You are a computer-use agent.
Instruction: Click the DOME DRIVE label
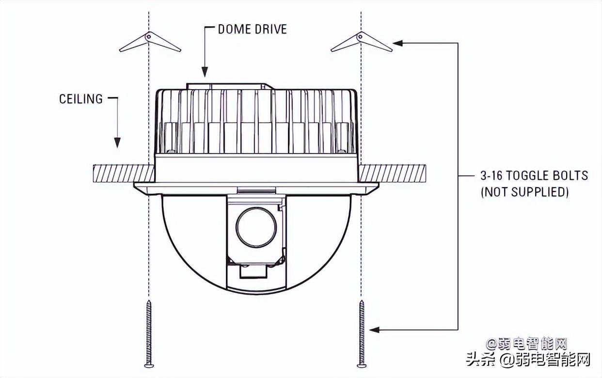253,29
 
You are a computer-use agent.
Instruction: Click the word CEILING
81,99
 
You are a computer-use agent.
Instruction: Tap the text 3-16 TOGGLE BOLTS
534,176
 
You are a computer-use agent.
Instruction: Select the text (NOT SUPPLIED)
524,192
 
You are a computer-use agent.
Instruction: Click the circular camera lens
256,227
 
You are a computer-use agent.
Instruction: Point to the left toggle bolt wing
150,42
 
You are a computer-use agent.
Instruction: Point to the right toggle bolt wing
362,42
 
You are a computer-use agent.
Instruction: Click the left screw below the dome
149,334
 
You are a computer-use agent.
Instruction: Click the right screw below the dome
362,334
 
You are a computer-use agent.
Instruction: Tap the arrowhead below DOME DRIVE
205,71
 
